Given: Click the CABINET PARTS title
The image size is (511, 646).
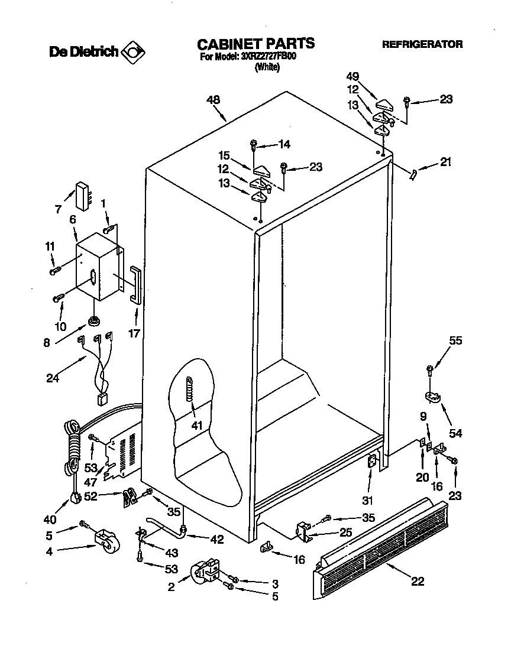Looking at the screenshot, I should pos(256,43).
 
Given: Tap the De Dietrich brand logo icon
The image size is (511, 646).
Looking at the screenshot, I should pos(132,52).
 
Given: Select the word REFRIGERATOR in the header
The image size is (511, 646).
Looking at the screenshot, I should pos(422,44).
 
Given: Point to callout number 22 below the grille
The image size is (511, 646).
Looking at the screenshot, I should pos(418,582).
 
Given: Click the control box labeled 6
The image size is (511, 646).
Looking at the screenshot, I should pos(98,266).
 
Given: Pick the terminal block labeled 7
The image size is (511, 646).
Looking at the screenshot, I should pos(82,193).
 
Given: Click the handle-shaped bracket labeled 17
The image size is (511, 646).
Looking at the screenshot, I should pos(137,284).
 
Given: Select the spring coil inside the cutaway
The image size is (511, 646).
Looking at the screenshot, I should pos(190,391).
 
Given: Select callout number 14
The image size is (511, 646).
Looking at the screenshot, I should pos(284,144).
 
